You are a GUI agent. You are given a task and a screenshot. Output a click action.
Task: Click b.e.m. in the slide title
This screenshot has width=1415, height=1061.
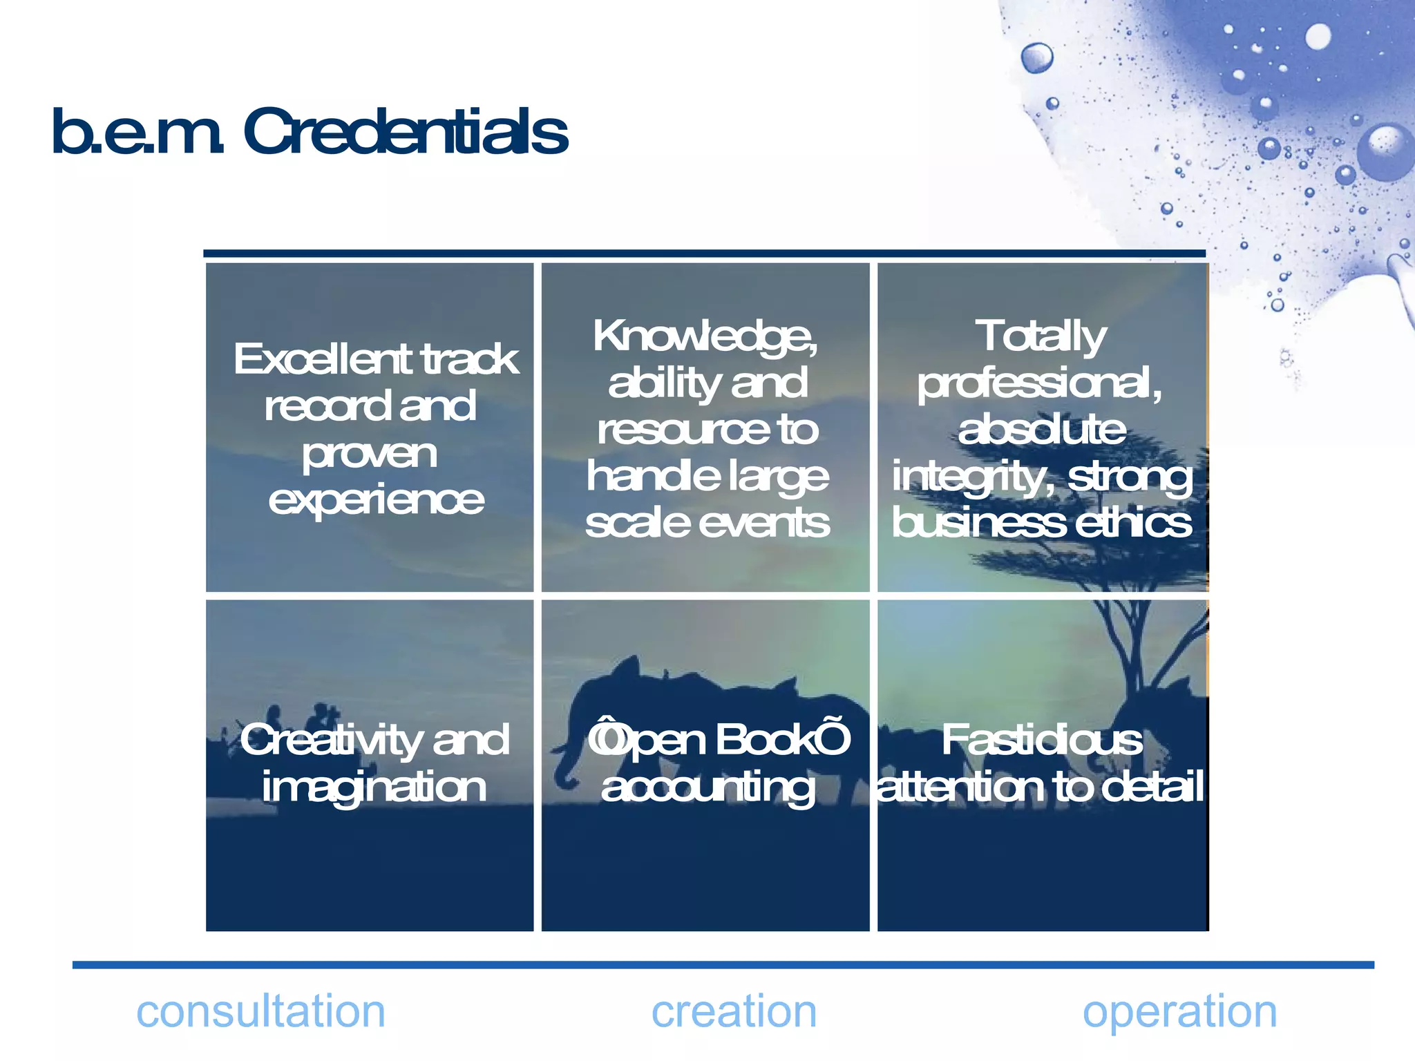pos(138,133)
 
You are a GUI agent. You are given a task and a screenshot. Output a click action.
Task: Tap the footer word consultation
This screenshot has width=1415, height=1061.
pos(260,1012)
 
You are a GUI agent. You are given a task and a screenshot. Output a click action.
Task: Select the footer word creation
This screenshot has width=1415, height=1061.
pos(734,1012)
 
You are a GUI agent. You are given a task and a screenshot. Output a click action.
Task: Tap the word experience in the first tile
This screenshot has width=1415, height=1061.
pos(376,501)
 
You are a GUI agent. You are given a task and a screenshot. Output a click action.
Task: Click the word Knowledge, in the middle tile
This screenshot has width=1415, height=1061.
pos(705,336)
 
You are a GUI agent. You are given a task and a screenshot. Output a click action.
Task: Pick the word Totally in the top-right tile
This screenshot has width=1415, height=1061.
pos(1041,336)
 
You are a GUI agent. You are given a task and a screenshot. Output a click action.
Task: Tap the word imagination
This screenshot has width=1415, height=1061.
pos(374,787)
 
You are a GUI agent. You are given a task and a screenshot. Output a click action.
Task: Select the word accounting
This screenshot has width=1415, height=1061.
pos(707,787)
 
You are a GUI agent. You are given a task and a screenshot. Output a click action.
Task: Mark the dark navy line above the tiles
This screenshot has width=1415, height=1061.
pos(705,254)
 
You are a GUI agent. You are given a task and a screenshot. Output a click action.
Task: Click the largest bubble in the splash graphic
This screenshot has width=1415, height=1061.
pos(1386,152)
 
